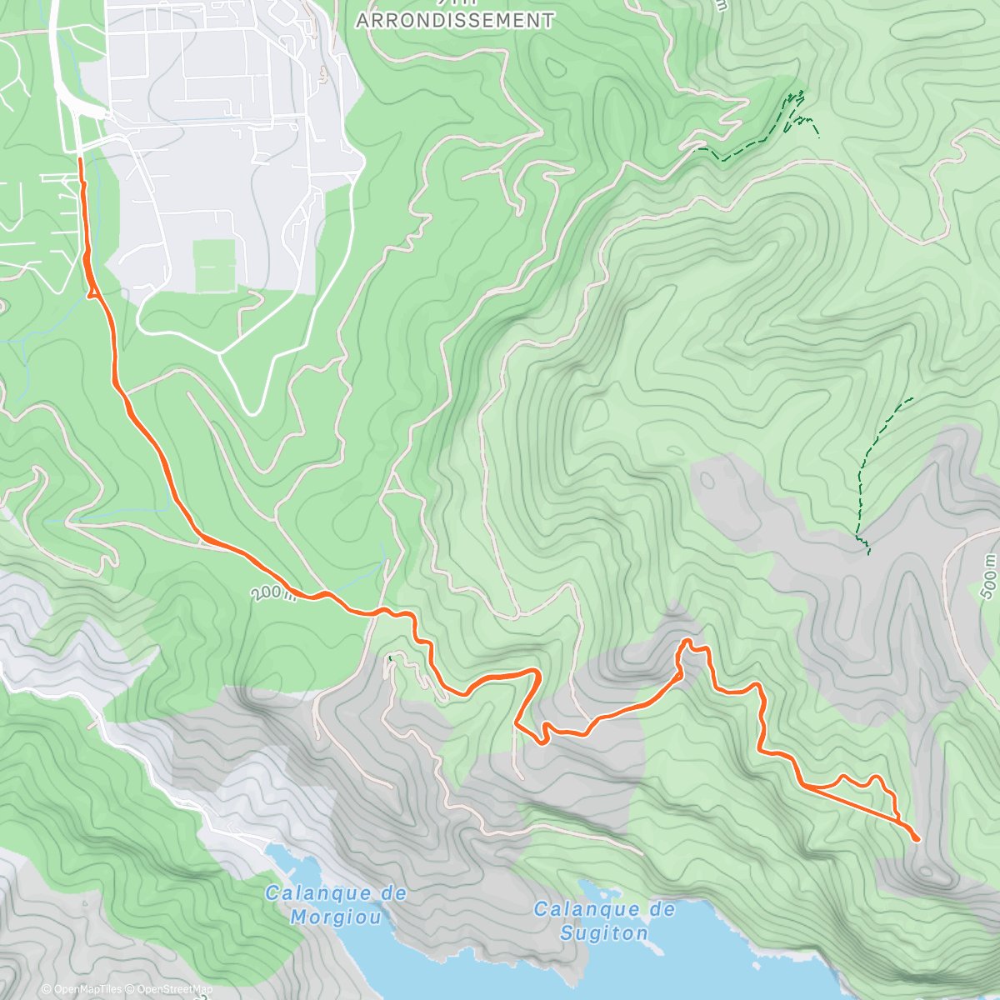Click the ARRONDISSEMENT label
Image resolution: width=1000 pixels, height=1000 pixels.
pos(455,20)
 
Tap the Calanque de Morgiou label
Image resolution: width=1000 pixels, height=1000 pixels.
pos(337,905)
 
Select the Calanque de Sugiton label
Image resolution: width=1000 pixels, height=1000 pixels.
pos(604,920)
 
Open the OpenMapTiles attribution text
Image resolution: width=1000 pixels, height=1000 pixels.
pos(87,990)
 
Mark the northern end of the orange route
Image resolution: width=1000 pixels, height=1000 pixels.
pos(80,158)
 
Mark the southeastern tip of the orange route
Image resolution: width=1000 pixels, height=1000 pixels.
pos(917,839)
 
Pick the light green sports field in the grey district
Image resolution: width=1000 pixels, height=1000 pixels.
pos(214,266)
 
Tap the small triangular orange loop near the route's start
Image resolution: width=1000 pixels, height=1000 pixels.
pos(91,287)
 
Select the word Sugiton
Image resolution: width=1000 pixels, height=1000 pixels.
pos(604,932)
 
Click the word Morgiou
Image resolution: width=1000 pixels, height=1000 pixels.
pos(337,917)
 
